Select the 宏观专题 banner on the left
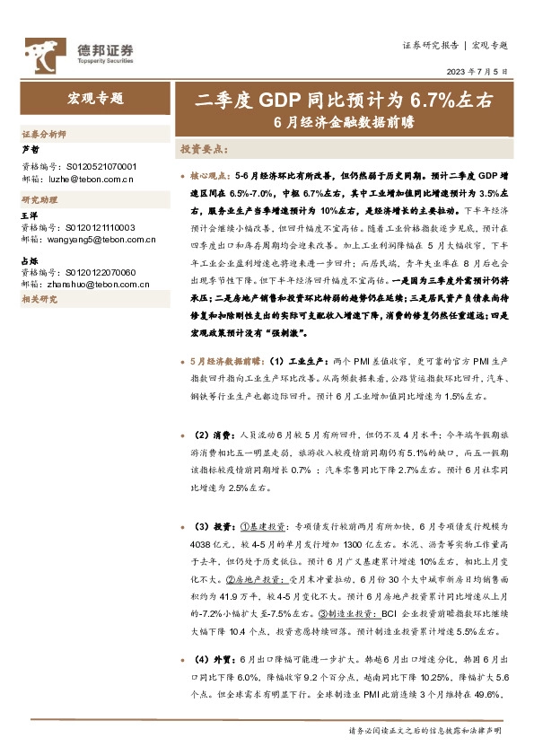95,99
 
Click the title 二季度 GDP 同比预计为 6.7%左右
344,101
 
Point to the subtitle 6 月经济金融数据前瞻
343,124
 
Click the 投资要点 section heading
204,148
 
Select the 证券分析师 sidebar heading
43,133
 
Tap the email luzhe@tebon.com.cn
88,178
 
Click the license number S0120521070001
101,167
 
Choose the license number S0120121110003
101,228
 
